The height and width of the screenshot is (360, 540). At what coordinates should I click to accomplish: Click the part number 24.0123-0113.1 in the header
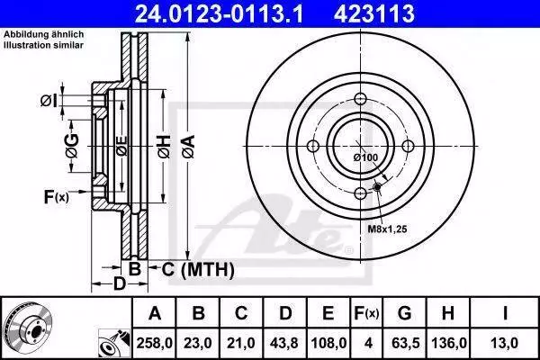pos(219,13)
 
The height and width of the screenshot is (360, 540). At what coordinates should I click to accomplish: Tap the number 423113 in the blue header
pos(374,13)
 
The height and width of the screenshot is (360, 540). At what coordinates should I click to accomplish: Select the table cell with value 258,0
pos(154,343)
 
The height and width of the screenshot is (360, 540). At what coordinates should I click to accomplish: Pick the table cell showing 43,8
pos(284,343)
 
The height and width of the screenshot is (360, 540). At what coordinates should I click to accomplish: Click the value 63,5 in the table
pos(405,343)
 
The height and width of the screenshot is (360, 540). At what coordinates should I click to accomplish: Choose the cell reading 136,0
pos(449,343)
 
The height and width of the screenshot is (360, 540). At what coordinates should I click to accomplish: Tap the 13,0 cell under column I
pos(505,343)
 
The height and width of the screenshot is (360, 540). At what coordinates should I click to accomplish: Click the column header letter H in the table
pos(448,313)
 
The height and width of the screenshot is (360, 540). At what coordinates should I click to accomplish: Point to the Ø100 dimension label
pos(365,157)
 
